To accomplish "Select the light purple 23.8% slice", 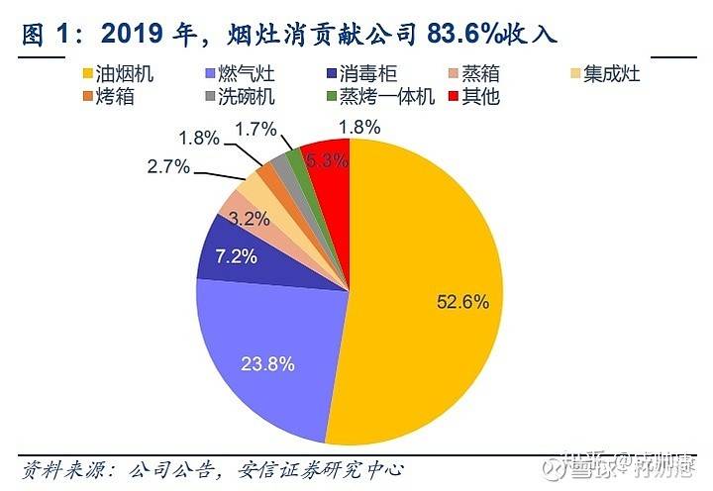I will (267, 346).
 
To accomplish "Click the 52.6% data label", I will (462, 303).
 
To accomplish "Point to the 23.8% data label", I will (267, 363).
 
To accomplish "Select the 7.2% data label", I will (236, 257).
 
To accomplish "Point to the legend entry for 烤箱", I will (109, 96).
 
